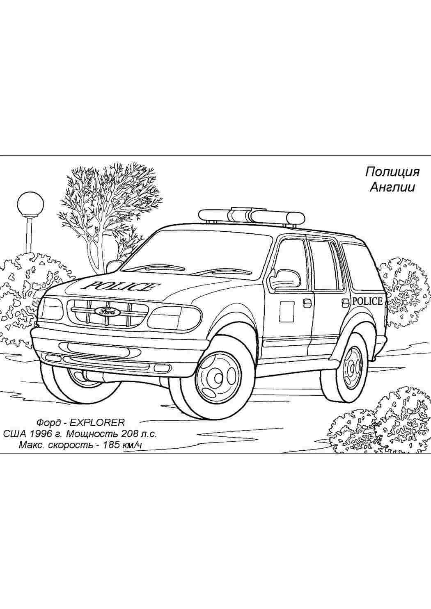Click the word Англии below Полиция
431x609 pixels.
[x=392, y=187]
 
